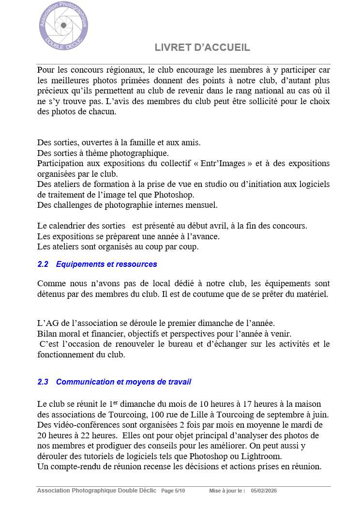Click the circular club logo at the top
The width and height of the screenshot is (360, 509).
tap(63, 25)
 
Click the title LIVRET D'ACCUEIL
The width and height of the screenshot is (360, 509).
tap(202, 47)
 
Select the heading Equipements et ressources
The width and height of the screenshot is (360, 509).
tap(106, 264)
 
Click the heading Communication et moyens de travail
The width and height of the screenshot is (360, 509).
tap(123, 382)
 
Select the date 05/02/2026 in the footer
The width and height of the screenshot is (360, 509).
tap(264, 491)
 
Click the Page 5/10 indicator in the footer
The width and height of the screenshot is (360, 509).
tap(173, 491)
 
